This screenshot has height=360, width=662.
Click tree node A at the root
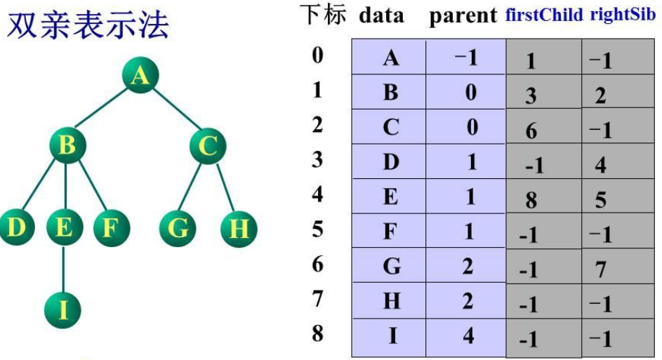click(140, 75)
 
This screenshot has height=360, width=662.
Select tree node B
click(67, 147)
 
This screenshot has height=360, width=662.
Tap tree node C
click(207, 147)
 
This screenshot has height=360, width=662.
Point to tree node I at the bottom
click(64, 309)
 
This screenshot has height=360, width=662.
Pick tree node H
click(239, 229)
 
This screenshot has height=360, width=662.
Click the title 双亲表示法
click(88, 26)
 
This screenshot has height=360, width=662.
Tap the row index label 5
click(318, 229)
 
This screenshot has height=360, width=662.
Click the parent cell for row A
click(467, 58)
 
